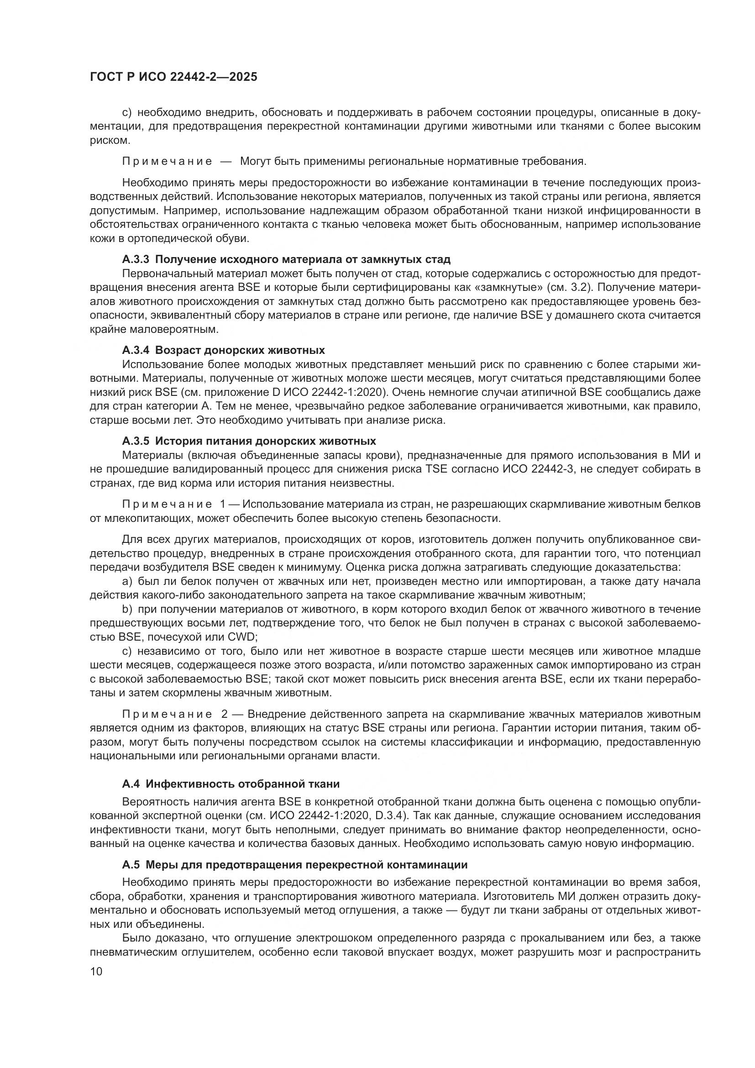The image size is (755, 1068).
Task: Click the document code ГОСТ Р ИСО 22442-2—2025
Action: (173, 77)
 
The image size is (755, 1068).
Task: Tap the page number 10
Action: (96, 984)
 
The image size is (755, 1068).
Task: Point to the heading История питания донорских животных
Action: (266, 441)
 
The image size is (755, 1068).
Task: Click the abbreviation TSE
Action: (436, 469)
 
